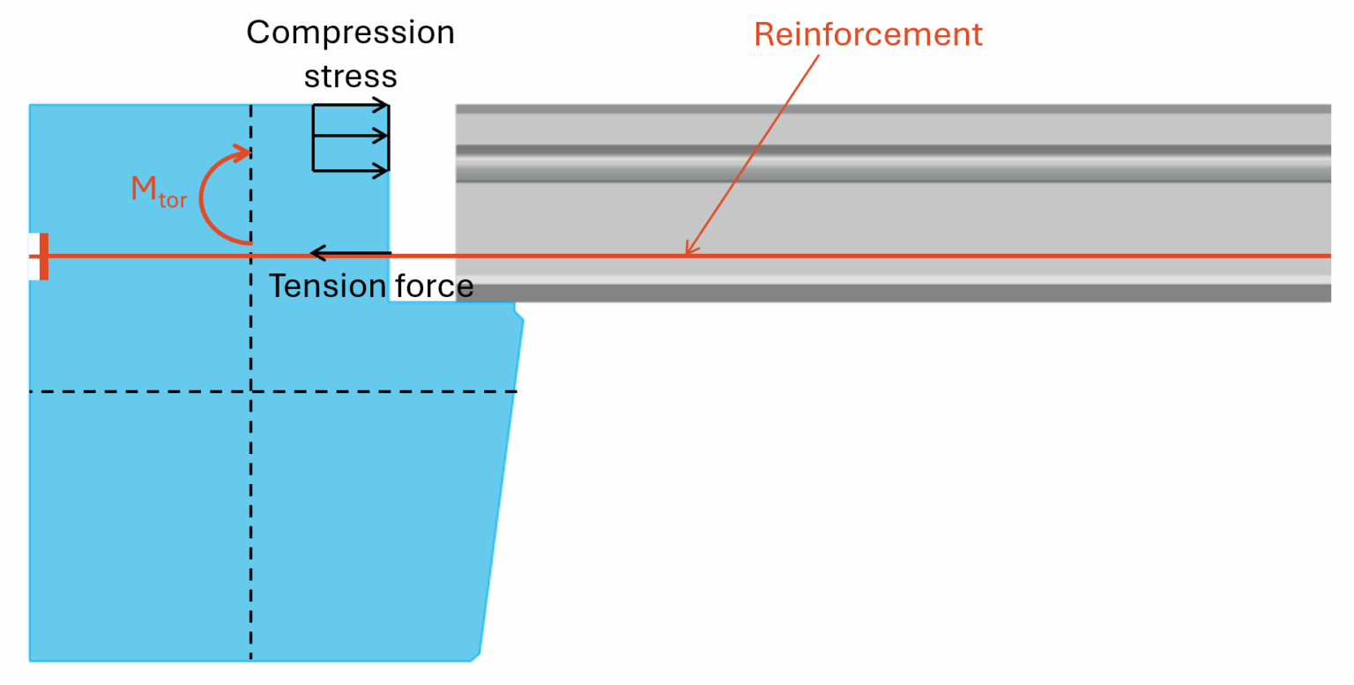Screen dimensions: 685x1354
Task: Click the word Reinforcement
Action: click(867, 34)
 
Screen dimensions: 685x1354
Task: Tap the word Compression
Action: click(350, 34)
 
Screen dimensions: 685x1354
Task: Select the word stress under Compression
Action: click(350, 77)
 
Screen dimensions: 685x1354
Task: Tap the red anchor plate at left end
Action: click(44, 257)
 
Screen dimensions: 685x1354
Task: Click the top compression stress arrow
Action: click(351, 106)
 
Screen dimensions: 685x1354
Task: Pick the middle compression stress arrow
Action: click(351, 136)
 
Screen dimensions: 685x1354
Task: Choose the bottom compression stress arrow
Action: click(351, 169)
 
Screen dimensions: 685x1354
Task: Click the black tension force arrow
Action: click(350, 254)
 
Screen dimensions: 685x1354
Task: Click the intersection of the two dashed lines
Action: click(251, 391)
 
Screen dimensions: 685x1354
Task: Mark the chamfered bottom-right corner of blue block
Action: click(474, 657)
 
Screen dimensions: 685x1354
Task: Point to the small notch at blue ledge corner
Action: click(519, 314)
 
